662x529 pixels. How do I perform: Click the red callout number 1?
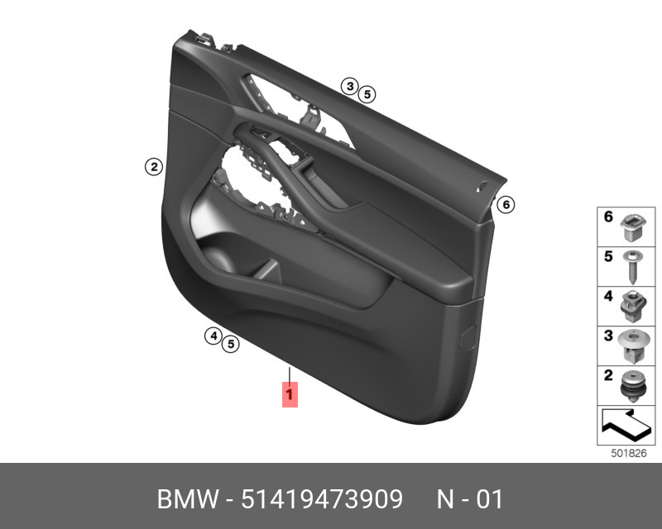[289, 395]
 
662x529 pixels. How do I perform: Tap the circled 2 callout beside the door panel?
[152, 167]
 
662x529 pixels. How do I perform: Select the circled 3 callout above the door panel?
[350, 87]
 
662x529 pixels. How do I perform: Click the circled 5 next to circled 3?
[367, 93]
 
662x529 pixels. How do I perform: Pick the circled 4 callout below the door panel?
[213, 336]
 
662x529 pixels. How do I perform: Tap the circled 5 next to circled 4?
[231, 342]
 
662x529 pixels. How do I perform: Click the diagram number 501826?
[627, 453]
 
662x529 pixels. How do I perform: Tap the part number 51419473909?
[322, 500]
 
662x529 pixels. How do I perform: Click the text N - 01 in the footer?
[469, 500]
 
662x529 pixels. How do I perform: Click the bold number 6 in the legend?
[608, 217]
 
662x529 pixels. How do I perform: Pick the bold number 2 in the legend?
[608, 377]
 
